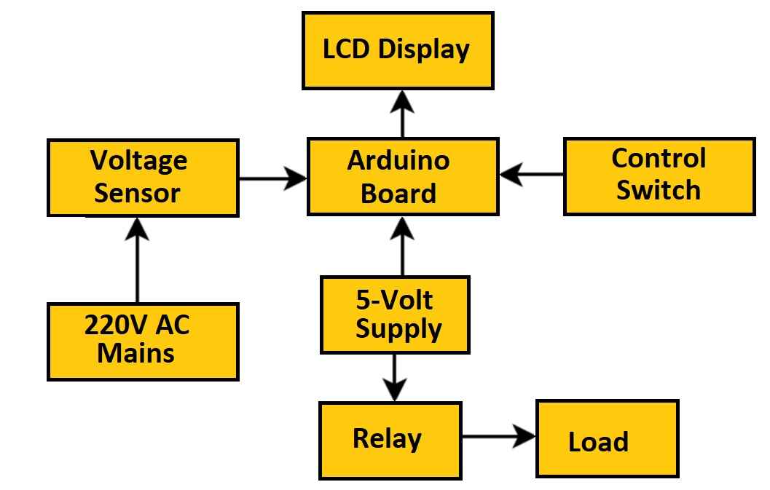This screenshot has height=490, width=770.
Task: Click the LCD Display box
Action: [x=398, y=50]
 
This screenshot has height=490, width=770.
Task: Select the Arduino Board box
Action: [x=403, y=177]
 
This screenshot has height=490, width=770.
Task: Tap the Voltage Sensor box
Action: [x=143, y=178]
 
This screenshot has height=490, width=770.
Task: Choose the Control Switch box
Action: [x=659, y=176]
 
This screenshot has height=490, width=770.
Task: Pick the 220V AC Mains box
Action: [x=143, y=341]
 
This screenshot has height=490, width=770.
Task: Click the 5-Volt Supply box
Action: [x=395, y=315]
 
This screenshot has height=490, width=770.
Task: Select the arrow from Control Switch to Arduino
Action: [x=531, y=175]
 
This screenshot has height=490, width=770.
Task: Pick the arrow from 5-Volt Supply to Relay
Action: [x=395, y=376]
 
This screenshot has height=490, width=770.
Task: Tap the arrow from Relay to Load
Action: [x=499, y=437]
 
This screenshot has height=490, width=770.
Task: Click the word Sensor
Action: [x=137, y=193]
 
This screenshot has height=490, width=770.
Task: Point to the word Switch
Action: [x=658, y=190]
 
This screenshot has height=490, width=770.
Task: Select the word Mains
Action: [x=136, y=354]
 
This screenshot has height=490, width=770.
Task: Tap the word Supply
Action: [x=398, y=328]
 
